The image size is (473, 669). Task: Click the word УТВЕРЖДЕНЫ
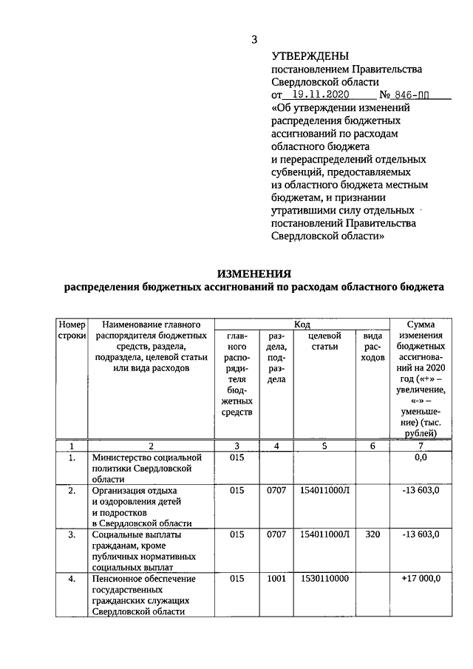pos(310,55)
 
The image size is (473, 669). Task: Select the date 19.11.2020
pos(325,95)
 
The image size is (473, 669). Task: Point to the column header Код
pos(302,324)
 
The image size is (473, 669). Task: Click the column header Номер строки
pos(72,330)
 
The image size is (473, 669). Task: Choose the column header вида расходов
pos(372,347)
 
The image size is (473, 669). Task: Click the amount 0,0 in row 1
pos(421,458)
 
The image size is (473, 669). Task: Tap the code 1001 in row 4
pos(276,579)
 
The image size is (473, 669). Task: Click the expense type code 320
pos(372,533)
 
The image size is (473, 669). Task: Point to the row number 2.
pos(72,490)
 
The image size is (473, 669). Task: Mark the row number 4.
pos(72,579)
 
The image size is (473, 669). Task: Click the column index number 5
pos(324,446)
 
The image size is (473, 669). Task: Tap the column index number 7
pos(421,446)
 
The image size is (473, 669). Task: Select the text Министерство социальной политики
pos(144,463)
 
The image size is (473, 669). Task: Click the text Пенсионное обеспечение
pos(140,579)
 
